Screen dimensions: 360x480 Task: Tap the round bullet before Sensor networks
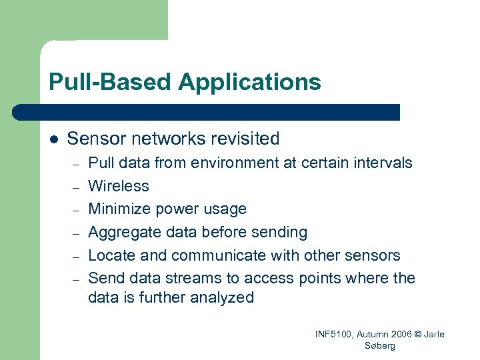tap(53, 139)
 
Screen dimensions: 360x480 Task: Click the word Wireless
tap(118, 186)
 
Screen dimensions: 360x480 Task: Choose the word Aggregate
tap(123, 232)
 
